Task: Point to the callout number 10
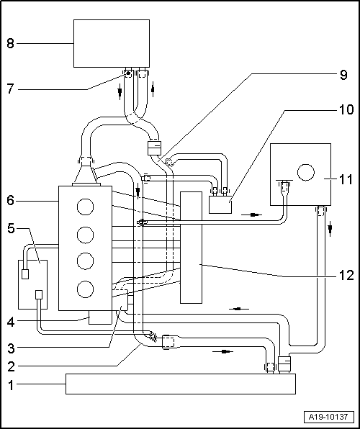tap(345, 110)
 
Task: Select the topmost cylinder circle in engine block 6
tap(86, 207)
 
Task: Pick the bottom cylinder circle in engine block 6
tap(86, 290)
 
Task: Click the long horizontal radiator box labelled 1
tap(180, 384)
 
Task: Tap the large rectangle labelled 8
tap(112, 43)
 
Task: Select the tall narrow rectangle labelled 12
tap(192, 247)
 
